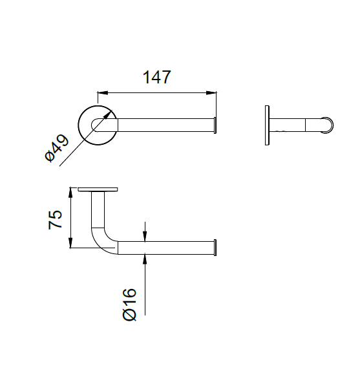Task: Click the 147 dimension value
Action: tap(156, 78)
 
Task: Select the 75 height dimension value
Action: tap(56, 220)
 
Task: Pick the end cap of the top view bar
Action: tap(215, 124)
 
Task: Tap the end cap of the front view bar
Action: tap(215, 247)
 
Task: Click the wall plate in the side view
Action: tap(267, 125)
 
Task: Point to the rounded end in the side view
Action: tap(328, 125)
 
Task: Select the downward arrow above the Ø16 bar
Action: tap(145, 237)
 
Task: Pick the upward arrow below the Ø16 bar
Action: tap(145, 258)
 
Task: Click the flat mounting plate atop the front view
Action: tap(98, 189)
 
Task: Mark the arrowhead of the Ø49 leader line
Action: tap(111, 114)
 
